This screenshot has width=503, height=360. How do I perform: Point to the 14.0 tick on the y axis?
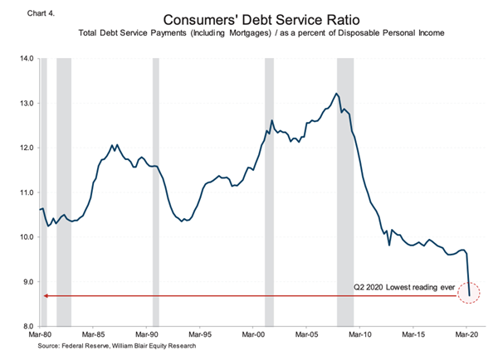click(x=25, y=59)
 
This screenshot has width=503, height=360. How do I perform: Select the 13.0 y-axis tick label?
click(x=25, y=104)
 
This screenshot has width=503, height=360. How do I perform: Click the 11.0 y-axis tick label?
click(x=25, y=192)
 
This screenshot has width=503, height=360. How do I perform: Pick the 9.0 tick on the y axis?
click(x=25, y=281)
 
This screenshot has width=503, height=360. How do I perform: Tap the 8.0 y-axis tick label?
click(x=25, y=326)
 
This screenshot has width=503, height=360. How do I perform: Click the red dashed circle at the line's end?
click(x=469, y=294)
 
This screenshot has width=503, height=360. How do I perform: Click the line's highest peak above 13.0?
click(x=336, y=94)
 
